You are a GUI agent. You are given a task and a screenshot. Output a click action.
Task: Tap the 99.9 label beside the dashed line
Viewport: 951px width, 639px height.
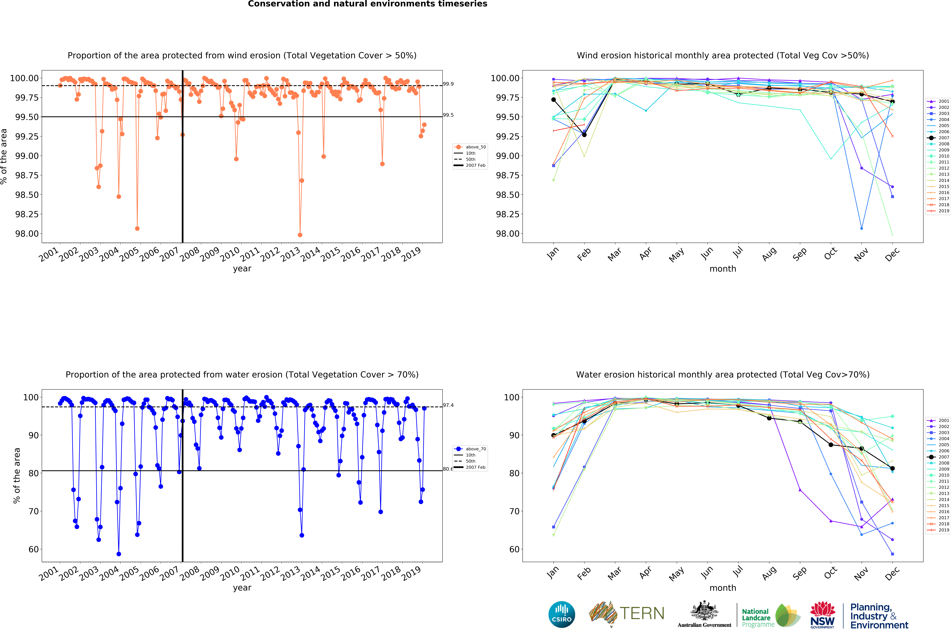click(448, 84)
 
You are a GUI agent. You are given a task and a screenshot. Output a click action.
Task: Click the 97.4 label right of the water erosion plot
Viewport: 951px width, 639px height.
click(448, 405)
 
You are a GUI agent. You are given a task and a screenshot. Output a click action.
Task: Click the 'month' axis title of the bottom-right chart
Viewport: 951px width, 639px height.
click(723, 588)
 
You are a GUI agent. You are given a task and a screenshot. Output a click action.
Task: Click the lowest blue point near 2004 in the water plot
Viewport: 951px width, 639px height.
click(119, 554)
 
